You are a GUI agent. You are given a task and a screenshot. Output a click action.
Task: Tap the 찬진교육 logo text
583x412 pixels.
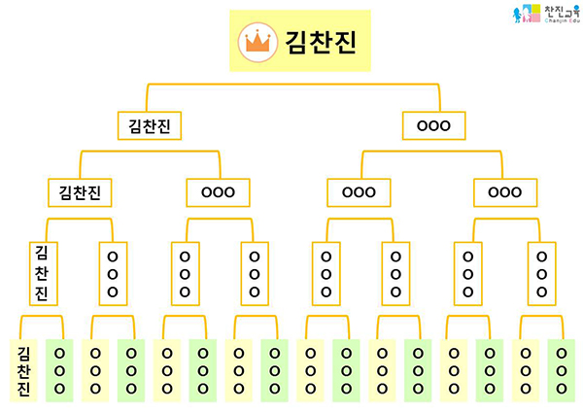tap(554, 12)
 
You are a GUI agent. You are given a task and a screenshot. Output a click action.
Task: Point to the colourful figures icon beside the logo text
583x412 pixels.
tap(524, 15)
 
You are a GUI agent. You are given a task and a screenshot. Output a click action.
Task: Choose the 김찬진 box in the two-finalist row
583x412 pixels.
tap(150, 125)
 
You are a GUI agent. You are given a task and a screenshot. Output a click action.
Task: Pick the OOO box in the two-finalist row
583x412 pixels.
tap(433, 125)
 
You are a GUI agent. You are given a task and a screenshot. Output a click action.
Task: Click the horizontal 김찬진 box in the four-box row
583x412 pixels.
tap(81, 191)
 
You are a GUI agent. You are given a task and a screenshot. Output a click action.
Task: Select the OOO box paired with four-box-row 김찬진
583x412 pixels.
tap(218, 191)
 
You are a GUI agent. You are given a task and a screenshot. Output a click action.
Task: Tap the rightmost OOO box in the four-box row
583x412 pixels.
tap(504, 191)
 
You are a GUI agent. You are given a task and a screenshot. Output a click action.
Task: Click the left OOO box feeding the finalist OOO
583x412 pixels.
tap(359, 191)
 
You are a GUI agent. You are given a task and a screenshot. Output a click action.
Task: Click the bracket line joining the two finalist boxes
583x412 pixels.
tap(291, 86)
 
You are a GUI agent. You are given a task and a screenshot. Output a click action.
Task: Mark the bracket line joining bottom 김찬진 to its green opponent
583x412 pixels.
tap(42, 317)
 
